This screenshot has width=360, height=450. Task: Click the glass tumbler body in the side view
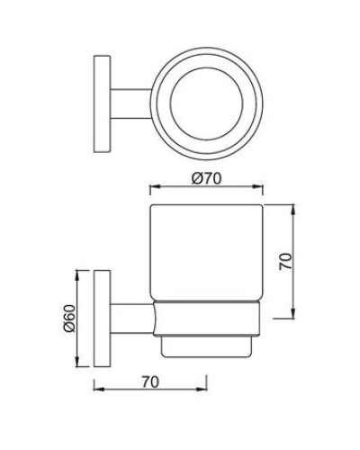(207, 256)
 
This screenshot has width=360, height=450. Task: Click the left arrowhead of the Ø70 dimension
(152, 189)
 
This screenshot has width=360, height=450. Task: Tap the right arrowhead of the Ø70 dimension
(264, 189)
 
